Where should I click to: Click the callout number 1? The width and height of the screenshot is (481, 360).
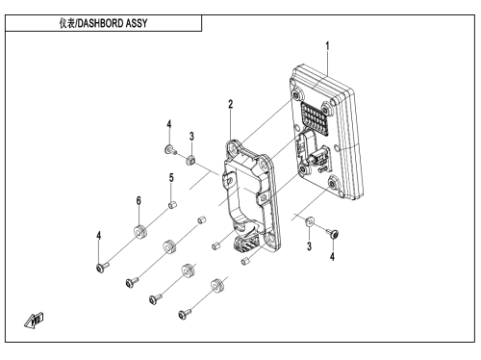pyautogui.click(x=327, y=46)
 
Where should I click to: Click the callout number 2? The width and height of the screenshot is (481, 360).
pyautogui.click(x=231, y=104)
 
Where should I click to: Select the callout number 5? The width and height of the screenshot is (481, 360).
pyautogui.click(x=171, y=178)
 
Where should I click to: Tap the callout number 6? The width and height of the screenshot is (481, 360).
pyautogui.click(x=139, y=201)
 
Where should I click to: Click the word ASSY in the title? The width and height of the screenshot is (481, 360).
pyautogui.click(x=137, y=23)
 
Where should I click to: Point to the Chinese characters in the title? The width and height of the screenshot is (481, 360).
pyautogui.click(x=67, y=23)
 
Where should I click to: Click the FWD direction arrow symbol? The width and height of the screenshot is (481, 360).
pyautogui.click(x=35, y=321)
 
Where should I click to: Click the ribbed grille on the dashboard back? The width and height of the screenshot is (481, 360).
pyautogui.click(x=315, y=117)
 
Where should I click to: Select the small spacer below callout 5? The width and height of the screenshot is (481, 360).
pyautogui.click(x=172, y=205)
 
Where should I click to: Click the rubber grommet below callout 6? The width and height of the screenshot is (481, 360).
pyautogui.click(x=140, y=232)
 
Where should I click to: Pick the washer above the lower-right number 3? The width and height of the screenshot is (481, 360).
pyautogui.click(x=310, y=221)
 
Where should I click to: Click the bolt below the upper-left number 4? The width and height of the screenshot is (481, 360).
pyautogui.click(x=170, y=150)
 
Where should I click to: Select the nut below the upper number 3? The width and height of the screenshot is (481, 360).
pyautogui.click(x=190, y=160)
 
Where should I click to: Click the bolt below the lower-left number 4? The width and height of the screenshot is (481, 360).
pyautogui.click(x=102, y=267)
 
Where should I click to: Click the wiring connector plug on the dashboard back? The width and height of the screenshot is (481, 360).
pyautogui.click(x=320, y=157)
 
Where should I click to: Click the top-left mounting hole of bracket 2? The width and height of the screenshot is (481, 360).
pyautogui.click(x=233, y=148)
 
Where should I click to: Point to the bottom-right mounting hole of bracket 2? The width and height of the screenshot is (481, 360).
pyautogui.click(x=269, y=239)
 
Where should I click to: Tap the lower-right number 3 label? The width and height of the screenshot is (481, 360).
pyautogui.click(x=309, y=246)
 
